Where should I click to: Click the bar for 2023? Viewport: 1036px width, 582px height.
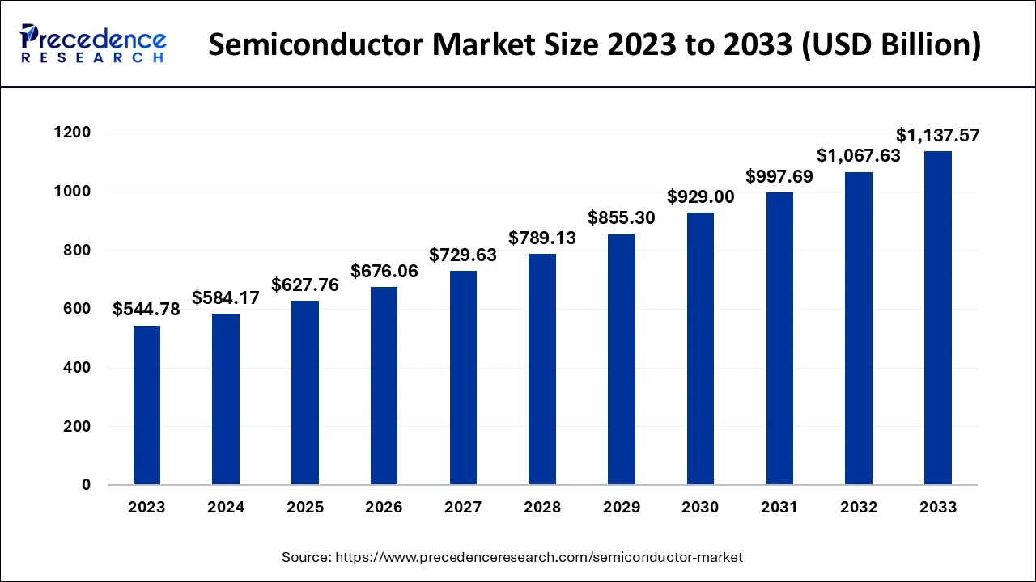(x=146, y=405)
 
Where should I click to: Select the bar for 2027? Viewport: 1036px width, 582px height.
(x=463, y=377)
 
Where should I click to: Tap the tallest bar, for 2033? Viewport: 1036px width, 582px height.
(x=937, y=318)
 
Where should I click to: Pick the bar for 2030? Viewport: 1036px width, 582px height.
(x=700, y=348)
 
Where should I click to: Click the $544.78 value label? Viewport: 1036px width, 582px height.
(x=146, y=309)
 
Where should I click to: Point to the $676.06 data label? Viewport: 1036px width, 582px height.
(x=384, y=271)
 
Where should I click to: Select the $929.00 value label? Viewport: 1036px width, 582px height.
(x=700, y=196)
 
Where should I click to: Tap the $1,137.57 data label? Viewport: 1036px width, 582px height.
(x=937, y=135)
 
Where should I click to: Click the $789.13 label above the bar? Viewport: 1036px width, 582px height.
(x=542, y=238)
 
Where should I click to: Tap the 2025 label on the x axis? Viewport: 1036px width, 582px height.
(x=305, y=508)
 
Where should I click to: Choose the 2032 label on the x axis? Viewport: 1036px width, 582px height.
(x=858, y=508)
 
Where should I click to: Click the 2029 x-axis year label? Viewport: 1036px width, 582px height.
(x=621, y=508)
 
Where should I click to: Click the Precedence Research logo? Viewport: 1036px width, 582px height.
(x=93, y=44)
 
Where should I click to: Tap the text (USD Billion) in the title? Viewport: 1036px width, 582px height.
(x=890, y=45)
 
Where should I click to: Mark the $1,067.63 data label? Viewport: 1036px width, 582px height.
(x=858, y=155)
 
